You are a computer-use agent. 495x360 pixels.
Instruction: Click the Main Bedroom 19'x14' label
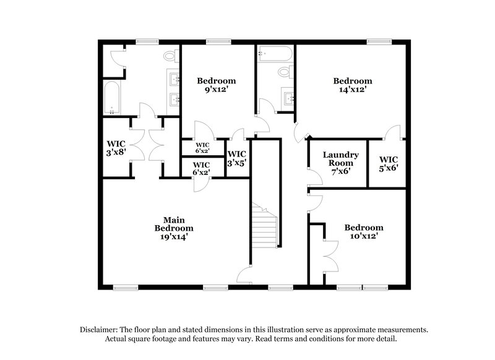174,228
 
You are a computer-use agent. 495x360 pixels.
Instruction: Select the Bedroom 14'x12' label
353,85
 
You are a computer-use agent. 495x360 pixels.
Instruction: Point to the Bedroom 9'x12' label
216,85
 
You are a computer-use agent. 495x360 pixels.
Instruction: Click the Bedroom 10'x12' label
364,231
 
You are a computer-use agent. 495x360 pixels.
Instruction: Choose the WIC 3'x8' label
116,148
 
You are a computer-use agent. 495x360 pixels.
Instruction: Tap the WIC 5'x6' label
388,163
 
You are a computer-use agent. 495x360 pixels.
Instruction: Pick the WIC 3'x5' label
237,158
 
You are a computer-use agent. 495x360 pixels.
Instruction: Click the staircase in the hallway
264,228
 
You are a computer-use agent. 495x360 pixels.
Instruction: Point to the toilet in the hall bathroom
285,72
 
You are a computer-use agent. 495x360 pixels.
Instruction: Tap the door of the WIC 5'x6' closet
390,132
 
